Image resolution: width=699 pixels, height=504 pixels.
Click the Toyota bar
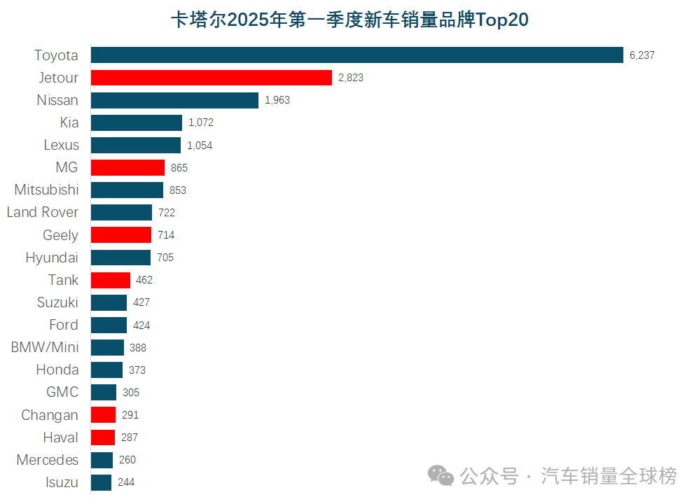(x=357, y=55)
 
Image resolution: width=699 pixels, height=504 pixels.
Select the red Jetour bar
(x=212, y=78)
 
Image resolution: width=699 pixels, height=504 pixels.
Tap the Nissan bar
(x=174, y=100)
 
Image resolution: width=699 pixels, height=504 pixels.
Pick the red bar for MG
(x=127, y=168)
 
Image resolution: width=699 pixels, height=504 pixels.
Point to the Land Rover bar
(x=121, y=213)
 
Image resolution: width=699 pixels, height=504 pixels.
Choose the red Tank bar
(x=111, y=280)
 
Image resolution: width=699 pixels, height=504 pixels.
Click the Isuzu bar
(x=101, y=482)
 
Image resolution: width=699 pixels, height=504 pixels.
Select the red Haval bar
(x=103, y=437)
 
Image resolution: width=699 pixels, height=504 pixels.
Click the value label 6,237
(x=642, y=55)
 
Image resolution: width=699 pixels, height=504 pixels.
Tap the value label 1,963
(x=277, y=100)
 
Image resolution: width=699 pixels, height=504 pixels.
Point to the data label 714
(x=166, y=235)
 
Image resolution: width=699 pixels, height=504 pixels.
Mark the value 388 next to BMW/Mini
(x=138, y=347)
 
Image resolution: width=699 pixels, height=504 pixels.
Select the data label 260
(x=127, y=460)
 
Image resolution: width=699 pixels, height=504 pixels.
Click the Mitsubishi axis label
(x=47, y=190)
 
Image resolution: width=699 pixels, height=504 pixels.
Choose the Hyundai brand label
(x=52, y=258)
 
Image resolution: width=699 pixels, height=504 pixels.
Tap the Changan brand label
(x=50, y=415)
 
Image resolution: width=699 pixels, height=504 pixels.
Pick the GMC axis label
(x=62, y=392)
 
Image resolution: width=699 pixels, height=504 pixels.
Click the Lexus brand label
(x=62, y=145)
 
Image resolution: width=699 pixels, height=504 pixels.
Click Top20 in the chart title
(x=502, y=20)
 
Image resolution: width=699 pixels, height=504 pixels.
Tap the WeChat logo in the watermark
(x=441, y=477)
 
